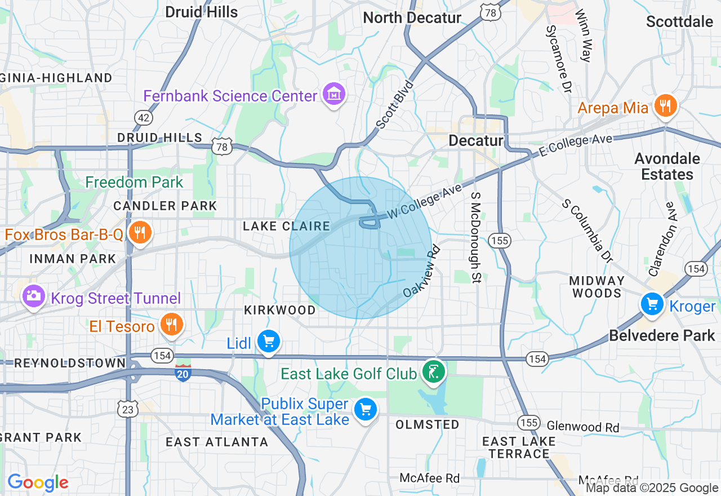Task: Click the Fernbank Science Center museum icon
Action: point(334,95)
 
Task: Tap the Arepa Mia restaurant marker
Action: point(665,105)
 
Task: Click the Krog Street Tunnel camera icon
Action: point(33,296)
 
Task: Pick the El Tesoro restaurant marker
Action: point(171,324)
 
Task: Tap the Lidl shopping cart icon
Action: point(268,341)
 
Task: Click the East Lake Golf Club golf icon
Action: point(433,372)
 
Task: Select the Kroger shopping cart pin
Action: point(652,304)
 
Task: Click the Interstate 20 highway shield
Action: point(183,373)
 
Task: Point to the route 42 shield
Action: point(143,117)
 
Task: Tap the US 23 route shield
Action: point(128,410)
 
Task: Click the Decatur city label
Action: point(476,140)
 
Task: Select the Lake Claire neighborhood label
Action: point(286,226)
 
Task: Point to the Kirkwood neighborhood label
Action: point(280,311)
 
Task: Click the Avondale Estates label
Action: point(667,166)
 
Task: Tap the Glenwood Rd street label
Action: point(583,427)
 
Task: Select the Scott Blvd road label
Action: point(395,105)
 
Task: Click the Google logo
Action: point(38,482)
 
